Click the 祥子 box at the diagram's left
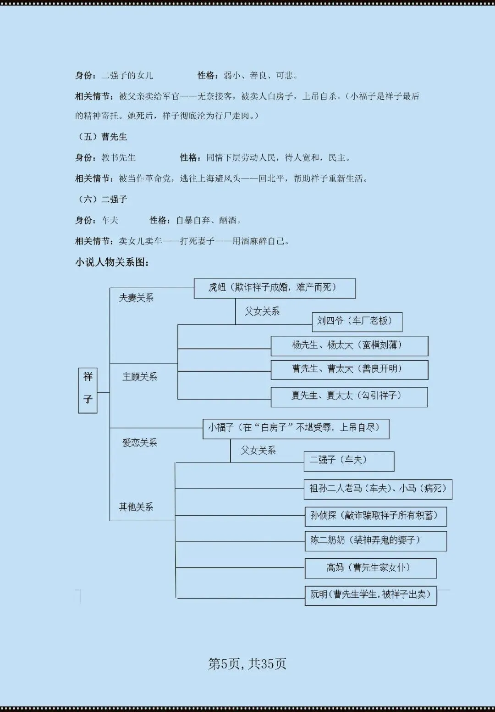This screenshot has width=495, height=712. (88, 390)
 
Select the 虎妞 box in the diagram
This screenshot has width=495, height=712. (275, 288)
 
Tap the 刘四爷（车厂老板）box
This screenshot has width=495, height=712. (357, 322)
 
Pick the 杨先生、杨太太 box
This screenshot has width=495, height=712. (349, 346)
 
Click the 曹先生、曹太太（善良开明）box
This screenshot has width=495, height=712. (349, 370)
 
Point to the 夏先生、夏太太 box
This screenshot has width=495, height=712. (349, 397)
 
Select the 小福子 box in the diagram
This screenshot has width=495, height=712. (296, 428)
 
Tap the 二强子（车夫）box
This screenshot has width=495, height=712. (349, 461)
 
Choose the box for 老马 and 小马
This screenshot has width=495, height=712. (378, 489)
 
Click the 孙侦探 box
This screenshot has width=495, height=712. (375, 516)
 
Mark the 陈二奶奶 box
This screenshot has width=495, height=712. (375, 541)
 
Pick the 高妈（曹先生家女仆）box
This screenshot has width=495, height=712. (370, 568)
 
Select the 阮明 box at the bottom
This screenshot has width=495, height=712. (370, 595)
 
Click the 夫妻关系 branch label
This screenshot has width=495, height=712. (136, 298)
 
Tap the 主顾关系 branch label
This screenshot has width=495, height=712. (139, 377)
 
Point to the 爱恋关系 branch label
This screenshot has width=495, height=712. (139, 443)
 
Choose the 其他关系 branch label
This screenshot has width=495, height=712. (136, 507)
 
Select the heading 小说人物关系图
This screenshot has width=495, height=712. (112, 262)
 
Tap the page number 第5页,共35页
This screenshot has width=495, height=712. (247, 663)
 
